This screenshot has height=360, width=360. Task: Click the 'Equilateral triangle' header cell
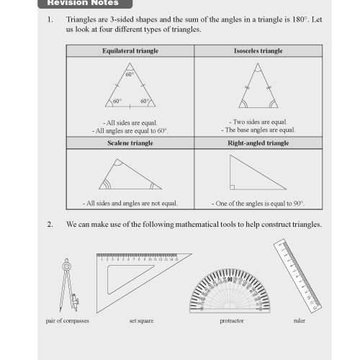(130, 52)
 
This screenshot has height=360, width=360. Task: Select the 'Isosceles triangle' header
(258, 52)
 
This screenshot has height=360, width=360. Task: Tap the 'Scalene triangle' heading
(130, 143)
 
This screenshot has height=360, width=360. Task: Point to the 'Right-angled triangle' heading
(258, 143)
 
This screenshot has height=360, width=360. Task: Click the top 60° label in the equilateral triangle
(130, 75)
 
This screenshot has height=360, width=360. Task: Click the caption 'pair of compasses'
(62, 321)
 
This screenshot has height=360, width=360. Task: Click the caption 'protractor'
(231, 321)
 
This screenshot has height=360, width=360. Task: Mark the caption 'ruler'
(299, 321)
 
